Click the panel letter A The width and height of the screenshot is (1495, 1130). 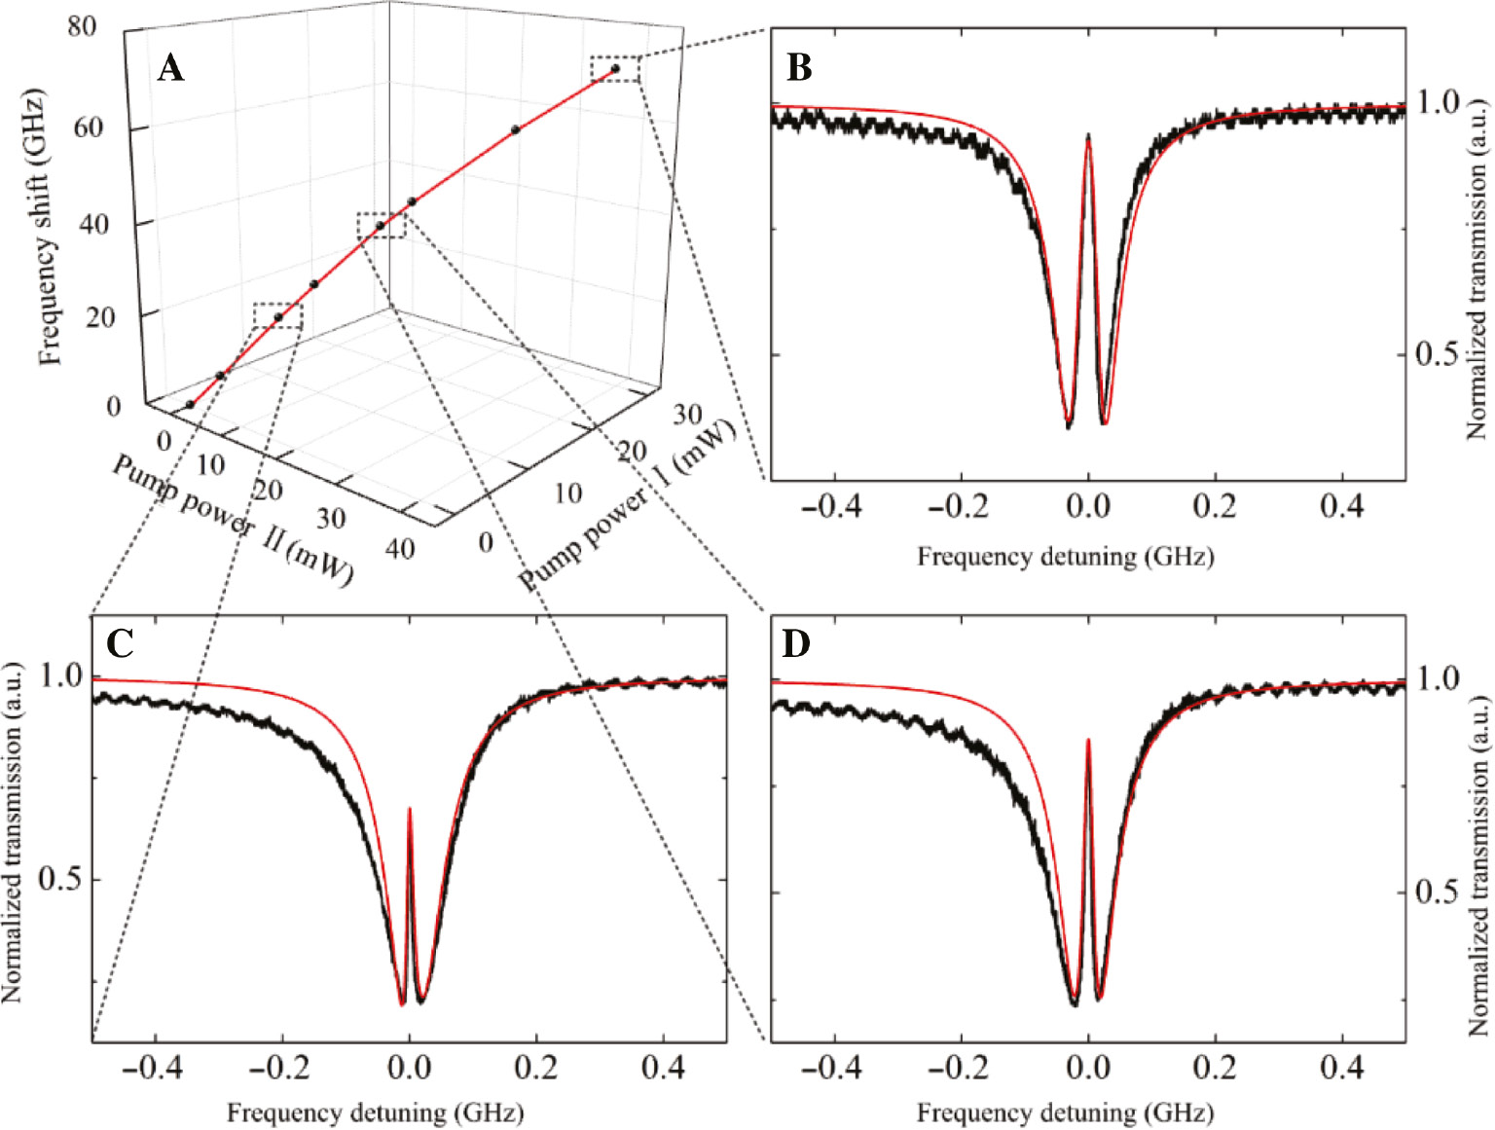(170, 68)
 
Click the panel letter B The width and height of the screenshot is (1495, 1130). (799, 68)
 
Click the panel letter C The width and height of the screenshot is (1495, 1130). (120, 643)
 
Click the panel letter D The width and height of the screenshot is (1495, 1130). (796, 644)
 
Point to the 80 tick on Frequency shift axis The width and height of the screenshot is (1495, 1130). (83, 26)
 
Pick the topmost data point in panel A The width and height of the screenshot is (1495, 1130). (615, 69)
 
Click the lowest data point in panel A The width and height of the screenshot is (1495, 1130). (190, 405)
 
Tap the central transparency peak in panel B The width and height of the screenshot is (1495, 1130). (1088, 137)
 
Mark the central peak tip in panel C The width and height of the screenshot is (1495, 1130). (409, 809)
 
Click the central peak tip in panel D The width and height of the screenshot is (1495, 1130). (1087, 741)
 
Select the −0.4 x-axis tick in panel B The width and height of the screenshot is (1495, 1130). (832, 506)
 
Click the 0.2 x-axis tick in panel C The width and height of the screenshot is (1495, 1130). (536, 1069)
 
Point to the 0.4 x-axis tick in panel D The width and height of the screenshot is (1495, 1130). (1342, 1069)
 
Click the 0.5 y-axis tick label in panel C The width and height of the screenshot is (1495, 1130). (59, 880)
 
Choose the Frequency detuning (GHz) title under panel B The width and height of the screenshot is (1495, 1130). (1065, 557)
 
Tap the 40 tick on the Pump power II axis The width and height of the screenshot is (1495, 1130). (399, 549)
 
